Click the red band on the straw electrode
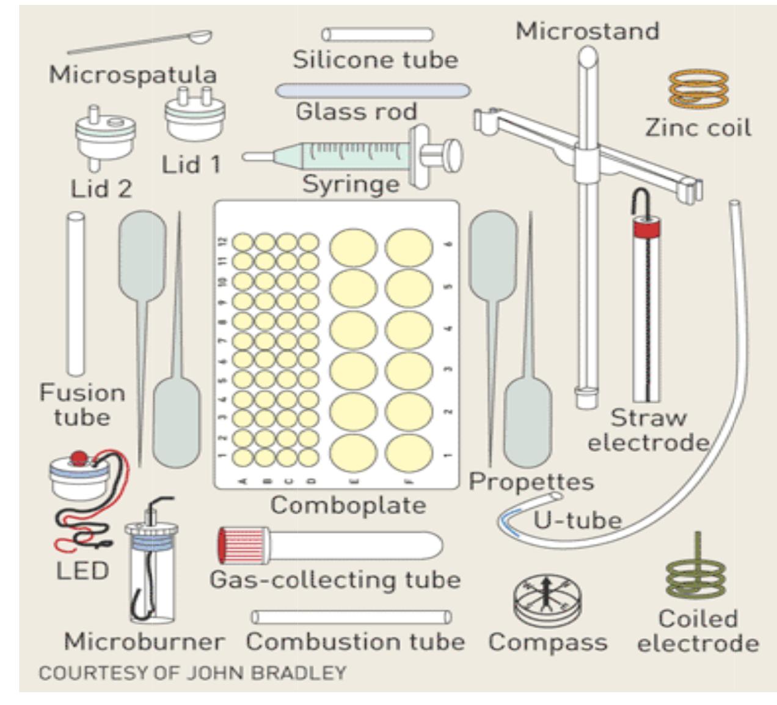point(646,229)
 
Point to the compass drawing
point(546,600)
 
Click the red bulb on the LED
point(79,458)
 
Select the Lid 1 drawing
point(195,116)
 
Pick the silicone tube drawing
point(377,34)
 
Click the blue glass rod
point(373,91)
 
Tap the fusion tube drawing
point(76,293)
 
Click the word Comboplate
point(348,506)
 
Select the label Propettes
point(531,482)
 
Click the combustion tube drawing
point(351,616)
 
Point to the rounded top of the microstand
point(588,58)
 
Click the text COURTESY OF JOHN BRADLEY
point(192,673)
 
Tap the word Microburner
point(144,642)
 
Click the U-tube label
point(577,520)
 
